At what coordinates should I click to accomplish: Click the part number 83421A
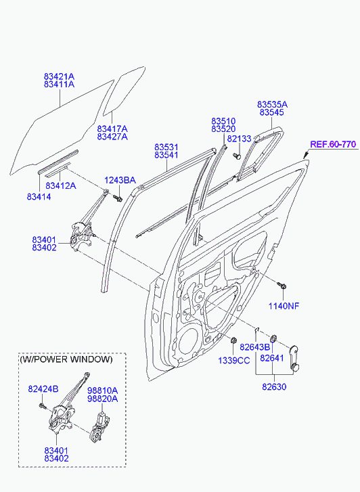pos(59,76)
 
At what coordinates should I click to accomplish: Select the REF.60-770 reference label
pos(332,144)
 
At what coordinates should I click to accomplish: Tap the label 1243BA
pos(120,180)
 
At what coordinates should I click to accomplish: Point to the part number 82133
pos(239,139)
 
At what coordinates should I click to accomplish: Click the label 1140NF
pos(284,306)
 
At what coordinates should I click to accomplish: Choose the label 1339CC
pos(233,361)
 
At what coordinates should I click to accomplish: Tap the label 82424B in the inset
pos(43,388)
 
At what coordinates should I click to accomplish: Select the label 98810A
pos(102,390)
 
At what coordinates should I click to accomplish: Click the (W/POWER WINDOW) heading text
pos(66,360)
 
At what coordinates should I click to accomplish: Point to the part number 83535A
pos(272,105)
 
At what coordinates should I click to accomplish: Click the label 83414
pos(39,196)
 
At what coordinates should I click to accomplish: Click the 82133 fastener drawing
pos(238,156)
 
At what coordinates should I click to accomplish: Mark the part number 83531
pos(166,147)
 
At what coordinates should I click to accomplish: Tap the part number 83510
pos(223,120)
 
